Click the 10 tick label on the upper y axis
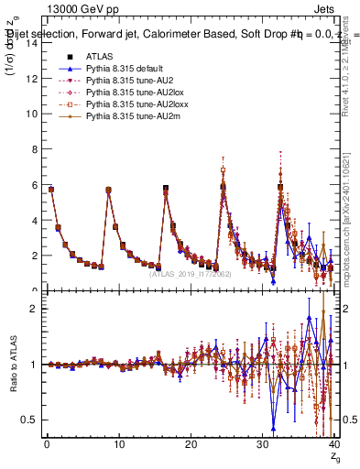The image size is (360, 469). [31, 114]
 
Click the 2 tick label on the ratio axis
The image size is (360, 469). [34, 309]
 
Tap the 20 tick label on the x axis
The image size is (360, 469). [191, 446]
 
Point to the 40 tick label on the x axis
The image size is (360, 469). [335, 446]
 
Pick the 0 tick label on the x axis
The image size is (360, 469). [46, 446]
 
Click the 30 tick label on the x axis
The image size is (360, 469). [263, 446]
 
